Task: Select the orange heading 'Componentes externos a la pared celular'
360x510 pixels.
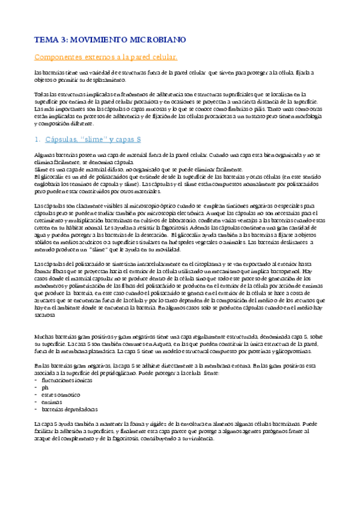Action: click(x=105, y=57)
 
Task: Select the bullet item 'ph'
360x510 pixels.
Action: click(x=43, y=388)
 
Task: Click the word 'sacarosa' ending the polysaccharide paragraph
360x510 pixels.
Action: click(x=44, y=314)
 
